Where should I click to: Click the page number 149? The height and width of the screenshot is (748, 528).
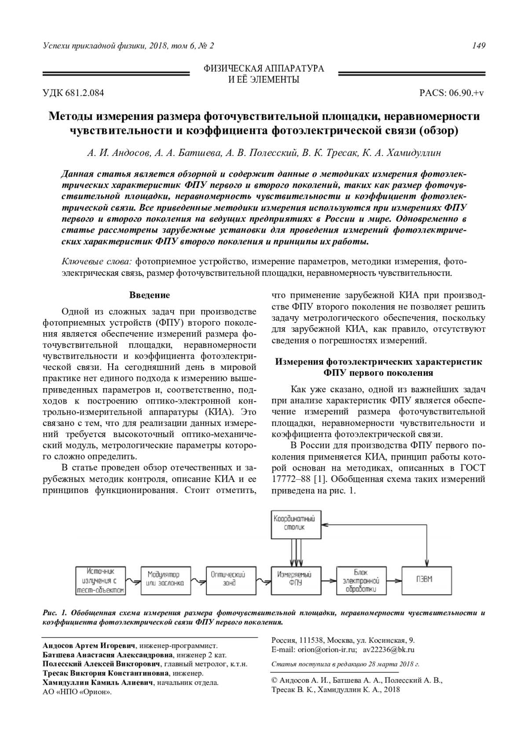coord(479,46)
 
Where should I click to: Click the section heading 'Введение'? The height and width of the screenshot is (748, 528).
coord(150,295)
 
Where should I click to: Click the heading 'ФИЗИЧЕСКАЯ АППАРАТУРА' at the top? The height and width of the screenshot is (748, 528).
coord(264,68)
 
